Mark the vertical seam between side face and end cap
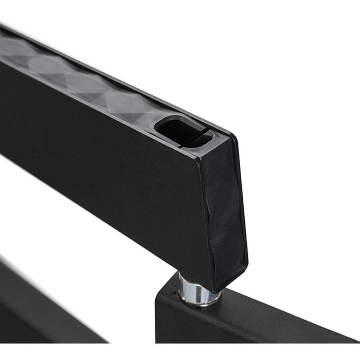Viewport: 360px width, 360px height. [206, 216]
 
